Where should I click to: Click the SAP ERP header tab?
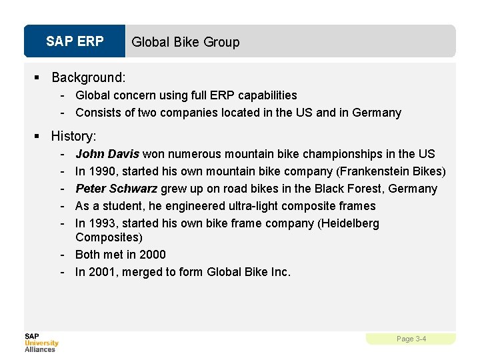75,41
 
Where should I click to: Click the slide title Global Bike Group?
185,42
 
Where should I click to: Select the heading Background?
88,77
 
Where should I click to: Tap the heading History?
73,136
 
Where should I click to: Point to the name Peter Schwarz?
116,189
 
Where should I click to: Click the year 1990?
101,171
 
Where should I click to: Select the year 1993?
101,223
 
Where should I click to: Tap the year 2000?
153,255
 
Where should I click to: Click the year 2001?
101,272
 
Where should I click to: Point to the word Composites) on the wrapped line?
109,237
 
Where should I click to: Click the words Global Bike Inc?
249,272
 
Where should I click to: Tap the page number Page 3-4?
411,339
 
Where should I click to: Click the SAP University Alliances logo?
41,342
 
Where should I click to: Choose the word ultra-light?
251,206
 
